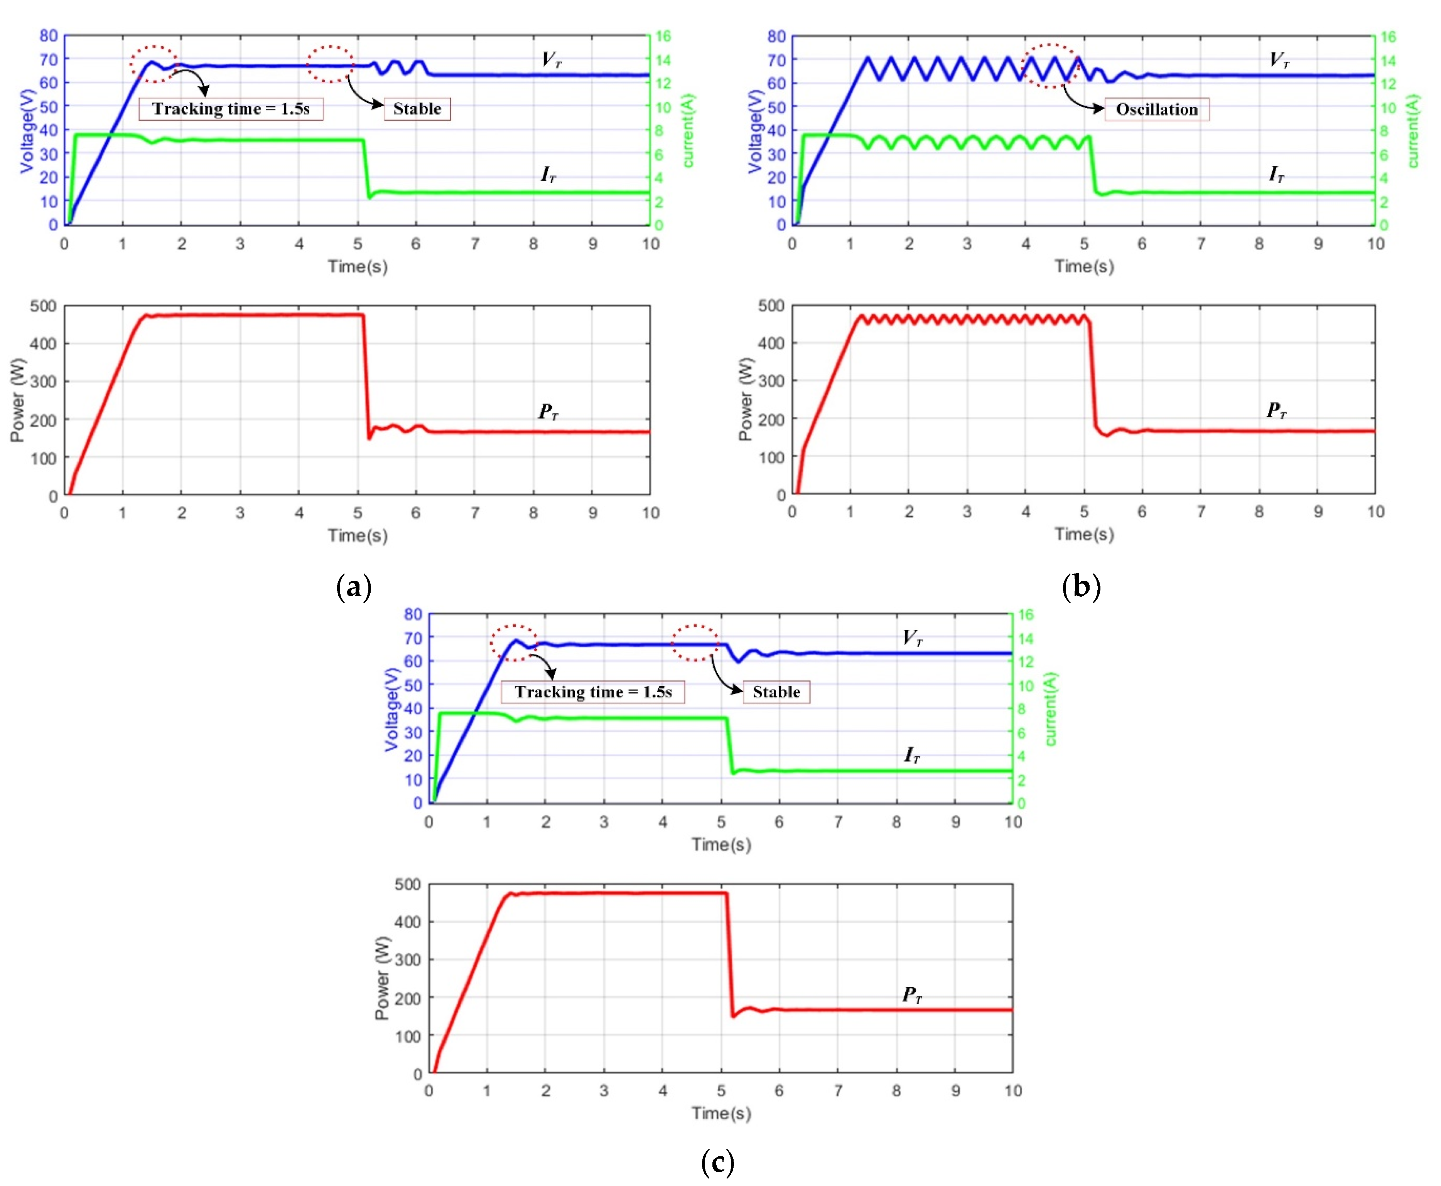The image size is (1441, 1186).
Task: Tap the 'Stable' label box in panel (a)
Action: pos(417,109)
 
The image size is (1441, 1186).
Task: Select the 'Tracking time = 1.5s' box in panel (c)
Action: pos(593,692)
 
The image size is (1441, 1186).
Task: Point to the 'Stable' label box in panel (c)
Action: pos(776,692)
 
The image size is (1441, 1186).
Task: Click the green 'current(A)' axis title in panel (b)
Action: pos(1413,130)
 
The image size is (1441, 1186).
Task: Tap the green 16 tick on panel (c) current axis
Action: pos(1025,615)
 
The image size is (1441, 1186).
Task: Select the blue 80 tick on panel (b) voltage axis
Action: pos(776,36)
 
